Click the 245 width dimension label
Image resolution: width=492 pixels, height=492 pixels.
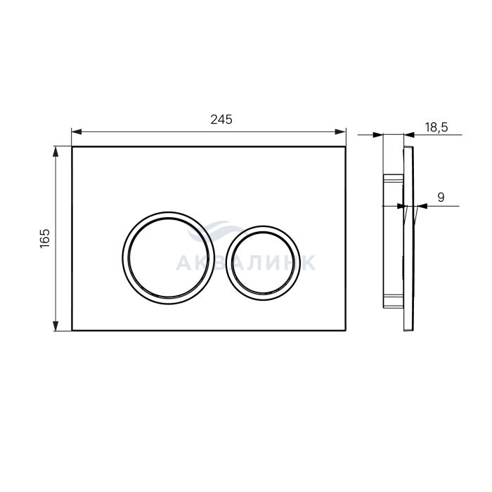coord(221,119)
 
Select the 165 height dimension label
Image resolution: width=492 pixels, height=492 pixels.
coord(45,238)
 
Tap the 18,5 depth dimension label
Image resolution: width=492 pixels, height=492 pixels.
coord(436,127)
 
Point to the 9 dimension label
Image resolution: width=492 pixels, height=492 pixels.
coord(441,198)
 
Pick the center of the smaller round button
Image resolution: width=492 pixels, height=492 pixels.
coord(262,263)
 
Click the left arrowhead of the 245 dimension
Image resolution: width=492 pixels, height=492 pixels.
coord(77,132)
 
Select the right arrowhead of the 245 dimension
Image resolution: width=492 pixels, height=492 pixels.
coord(341,132)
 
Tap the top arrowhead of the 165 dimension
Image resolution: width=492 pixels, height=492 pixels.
coord(56,152)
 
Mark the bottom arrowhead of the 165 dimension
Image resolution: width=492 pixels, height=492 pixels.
coord(56,325)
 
